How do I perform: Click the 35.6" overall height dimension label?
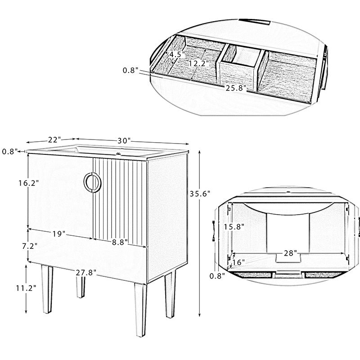point(200,194)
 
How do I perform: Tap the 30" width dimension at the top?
point(124,140)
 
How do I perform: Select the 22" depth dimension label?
point(54,139)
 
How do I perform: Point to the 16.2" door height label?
point(28,183)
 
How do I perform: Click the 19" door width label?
point(59,234)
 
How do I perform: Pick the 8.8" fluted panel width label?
point(120,242)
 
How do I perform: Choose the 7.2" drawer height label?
point(30,246)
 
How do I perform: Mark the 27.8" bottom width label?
point(86,273)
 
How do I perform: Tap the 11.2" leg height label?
point(26,288)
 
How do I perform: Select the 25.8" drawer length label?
point(236,88)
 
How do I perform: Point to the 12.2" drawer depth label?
point(199,63)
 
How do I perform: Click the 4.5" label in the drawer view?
point(177,54)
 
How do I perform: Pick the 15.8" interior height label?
point(234,227)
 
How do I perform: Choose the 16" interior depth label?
point(238,262)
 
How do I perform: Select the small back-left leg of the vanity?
point(81,287)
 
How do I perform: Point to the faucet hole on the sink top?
point(118,154)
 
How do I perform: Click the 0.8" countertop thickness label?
point(10,152)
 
